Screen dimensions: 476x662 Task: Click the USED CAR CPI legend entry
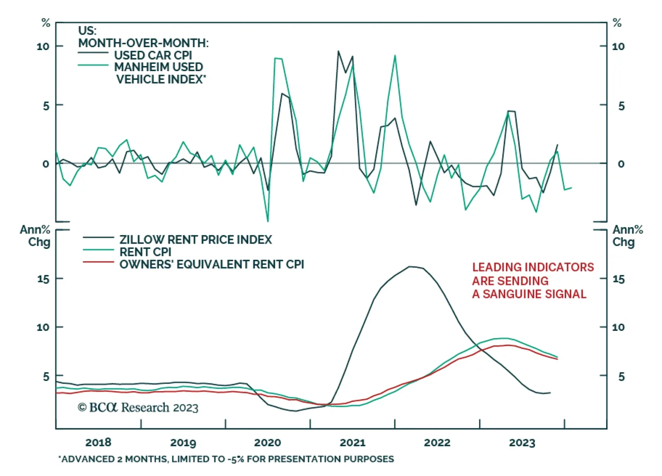(153, 55)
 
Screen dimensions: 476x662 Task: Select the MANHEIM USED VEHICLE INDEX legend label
(159, 73)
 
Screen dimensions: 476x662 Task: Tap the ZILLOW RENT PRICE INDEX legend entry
(195, 239)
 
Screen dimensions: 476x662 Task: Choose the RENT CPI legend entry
(145, 252)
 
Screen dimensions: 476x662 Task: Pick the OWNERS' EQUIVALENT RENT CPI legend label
(211, 264)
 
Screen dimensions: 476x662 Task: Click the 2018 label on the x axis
(98, 442)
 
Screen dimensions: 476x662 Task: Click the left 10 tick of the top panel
(43, 46)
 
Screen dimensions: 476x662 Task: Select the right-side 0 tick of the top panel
(621, 164)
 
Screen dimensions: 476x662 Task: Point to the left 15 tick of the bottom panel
(43, 279)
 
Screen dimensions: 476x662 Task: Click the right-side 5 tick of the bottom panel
(621, 377)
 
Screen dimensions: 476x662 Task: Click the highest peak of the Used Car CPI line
(338, 51)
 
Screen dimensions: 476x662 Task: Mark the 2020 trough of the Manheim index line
(268, 221)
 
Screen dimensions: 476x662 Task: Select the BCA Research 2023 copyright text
(138, 408)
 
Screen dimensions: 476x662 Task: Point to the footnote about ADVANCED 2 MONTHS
(226, 459)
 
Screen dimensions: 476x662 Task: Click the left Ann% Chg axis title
(36, 236)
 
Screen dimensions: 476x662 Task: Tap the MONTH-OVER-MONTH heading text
(143, 43)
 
